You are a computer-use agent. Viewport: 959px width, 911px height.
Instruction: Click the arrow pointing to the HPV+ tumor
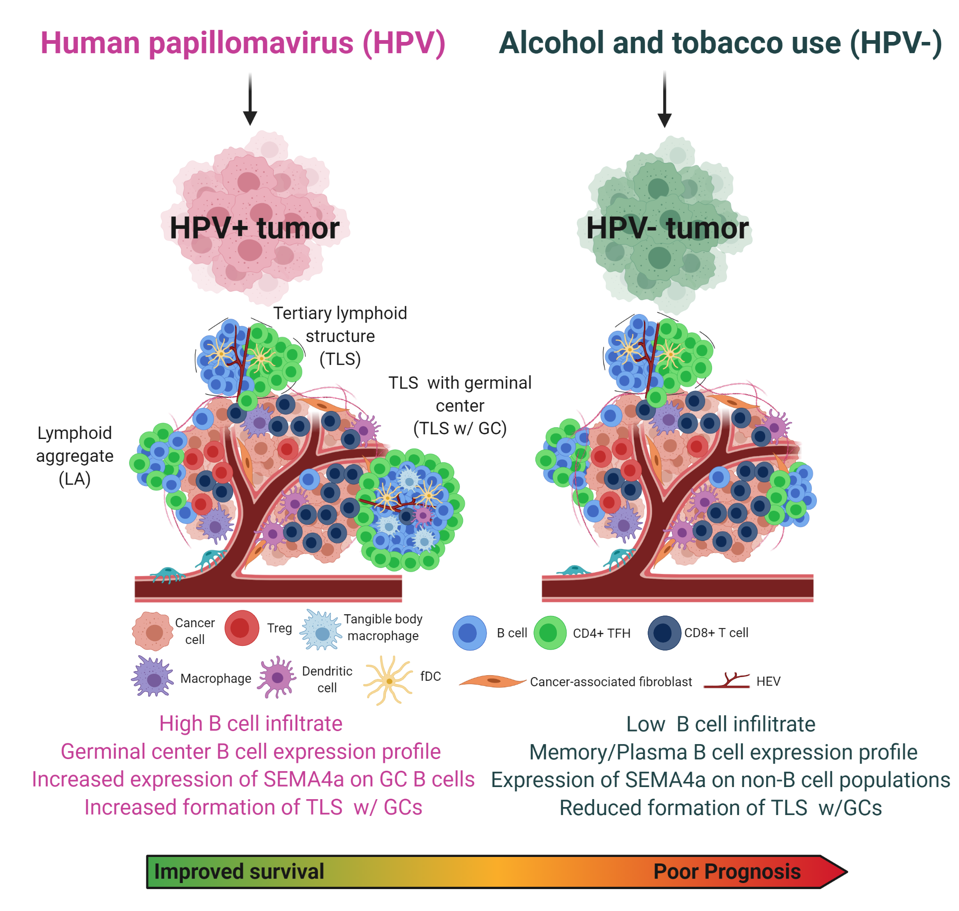(250, 100)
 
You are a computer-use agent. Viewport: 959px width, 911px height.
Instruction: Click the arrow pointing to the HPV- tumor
(664, 100)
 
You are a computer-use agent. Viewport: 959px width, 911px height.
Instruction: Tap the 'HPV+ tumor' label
(254, 228)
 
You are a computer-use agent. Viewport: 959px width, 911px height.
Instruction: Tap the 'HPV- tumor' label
(668, 228)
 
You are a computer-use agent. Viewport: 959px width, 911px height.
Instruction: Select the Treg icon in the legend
(242, 628)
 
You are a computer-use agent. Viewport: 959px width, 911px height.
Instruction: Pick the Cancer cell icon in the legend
(152, 631)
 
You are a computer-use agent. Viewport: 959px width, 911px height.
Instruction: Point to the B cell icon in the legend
(470, 633)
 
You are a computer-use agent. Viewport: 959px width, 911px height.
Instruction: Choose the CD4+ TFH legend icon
(550, 633)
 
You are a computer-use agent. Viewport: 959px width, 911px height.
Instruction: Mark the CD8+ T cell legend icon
(664, 633)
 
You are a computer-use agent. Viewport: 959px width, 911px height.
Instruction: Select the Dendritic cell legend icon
(277, 677)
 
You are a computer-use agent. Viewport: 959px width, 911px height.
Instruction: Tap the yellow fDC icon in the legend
(389, 680)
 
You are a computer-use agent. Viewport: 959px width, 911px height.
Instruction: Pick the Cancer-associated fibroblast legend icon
(492, 682)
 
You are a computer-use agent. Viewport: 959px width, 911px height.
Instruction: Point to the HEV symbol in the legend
(727, 681)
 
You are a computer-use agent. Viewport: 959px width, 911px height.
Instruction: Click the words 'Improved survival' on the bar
(239, 872)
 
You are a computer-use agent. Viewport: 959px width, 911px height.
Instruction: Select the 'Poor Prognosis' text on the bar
(727, 872)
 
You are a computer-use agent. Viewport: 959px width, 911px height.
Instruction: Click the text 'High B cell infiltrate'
(251, 724)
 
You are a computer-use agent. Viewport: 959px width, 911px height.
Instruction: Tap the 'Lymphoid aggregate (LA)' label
(75, 456)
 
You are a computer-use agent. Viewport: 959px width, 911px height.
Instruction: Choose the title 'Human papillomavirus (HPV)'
(243, 43)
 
